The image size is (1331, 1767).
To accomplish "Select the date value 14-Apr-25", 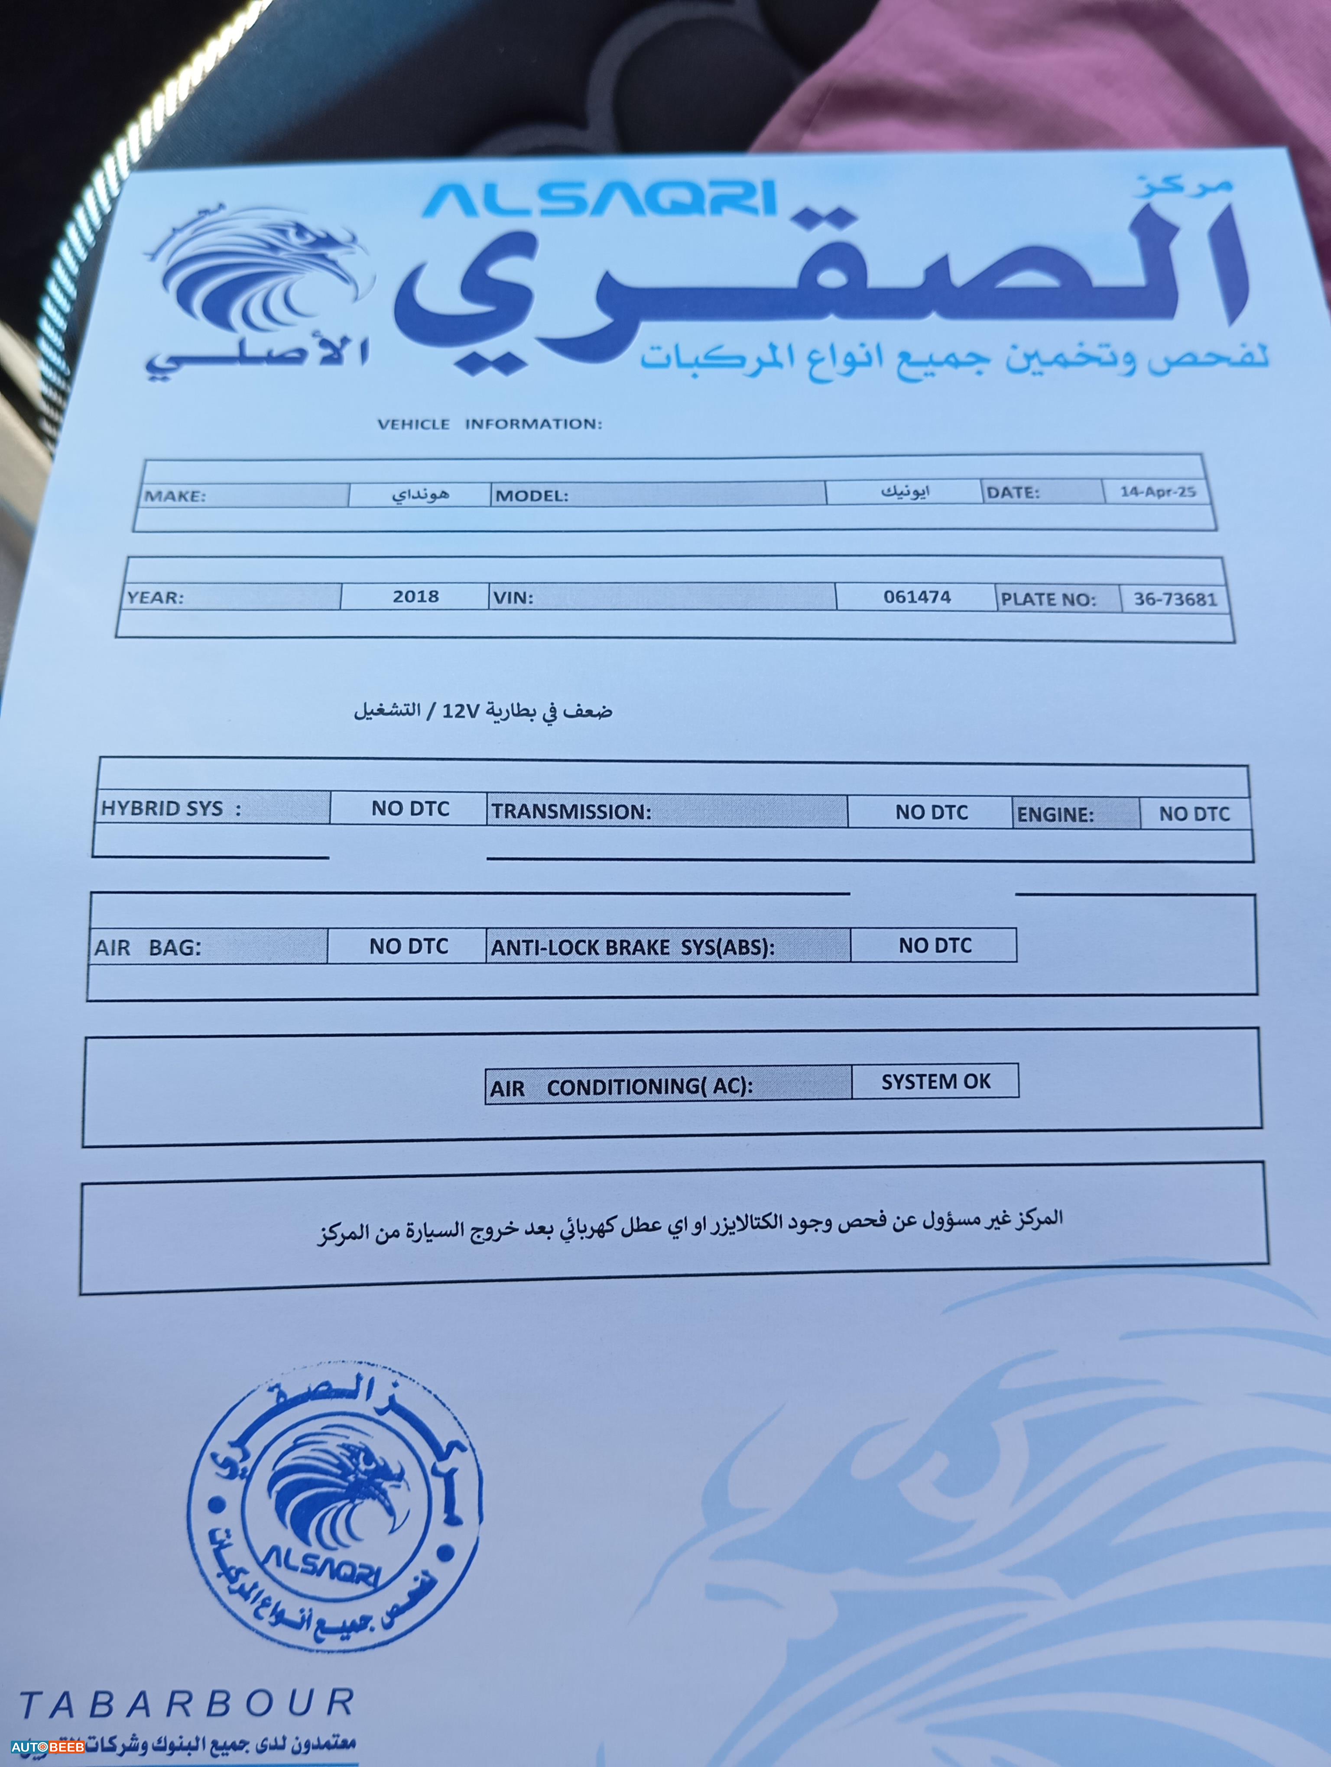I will point(1157,491).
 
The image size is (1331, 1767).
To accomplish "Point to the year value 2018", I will point(416,596).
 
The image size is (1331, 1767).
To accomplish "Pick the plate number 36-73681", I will point(1175,599).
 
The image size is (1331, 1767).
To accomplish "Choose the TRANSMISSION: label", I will point(571,812).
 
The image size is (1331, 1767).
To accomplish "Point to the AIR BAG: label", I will point(148,948).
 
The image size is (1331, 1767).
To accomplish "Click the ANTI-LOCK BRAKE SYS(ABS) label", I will point(632,948).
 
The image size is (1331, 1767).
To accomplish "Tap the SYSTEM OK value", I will point(935,1081).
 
